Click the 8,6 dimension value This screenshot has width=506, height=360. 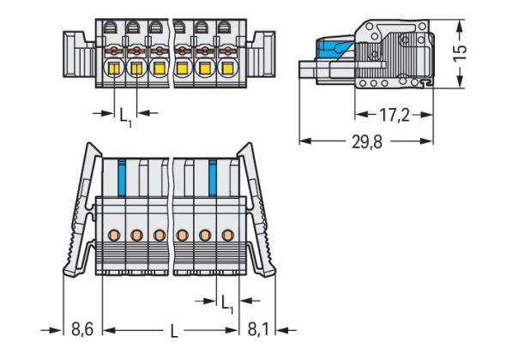click(x=82, y=329)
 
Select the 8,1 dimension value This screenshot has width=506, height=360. click(x=258, y=329)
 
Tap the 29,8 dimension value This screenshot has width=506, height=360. click(x=367, y=141)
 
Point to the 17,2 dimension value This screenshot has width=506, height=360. click(x=395, y=115)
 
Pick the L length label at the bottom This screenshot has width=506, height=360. click(x=174, y=331)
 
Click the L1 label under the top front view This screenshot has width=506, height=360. click(x=126, y=117)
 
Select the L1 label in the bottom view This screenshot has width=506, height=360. click(x=227, y=304)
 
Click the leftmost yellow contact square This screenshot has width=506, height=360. click(x=114, y=69)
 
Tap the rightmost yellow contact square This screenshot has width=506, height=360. click(x=227, y=69)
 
